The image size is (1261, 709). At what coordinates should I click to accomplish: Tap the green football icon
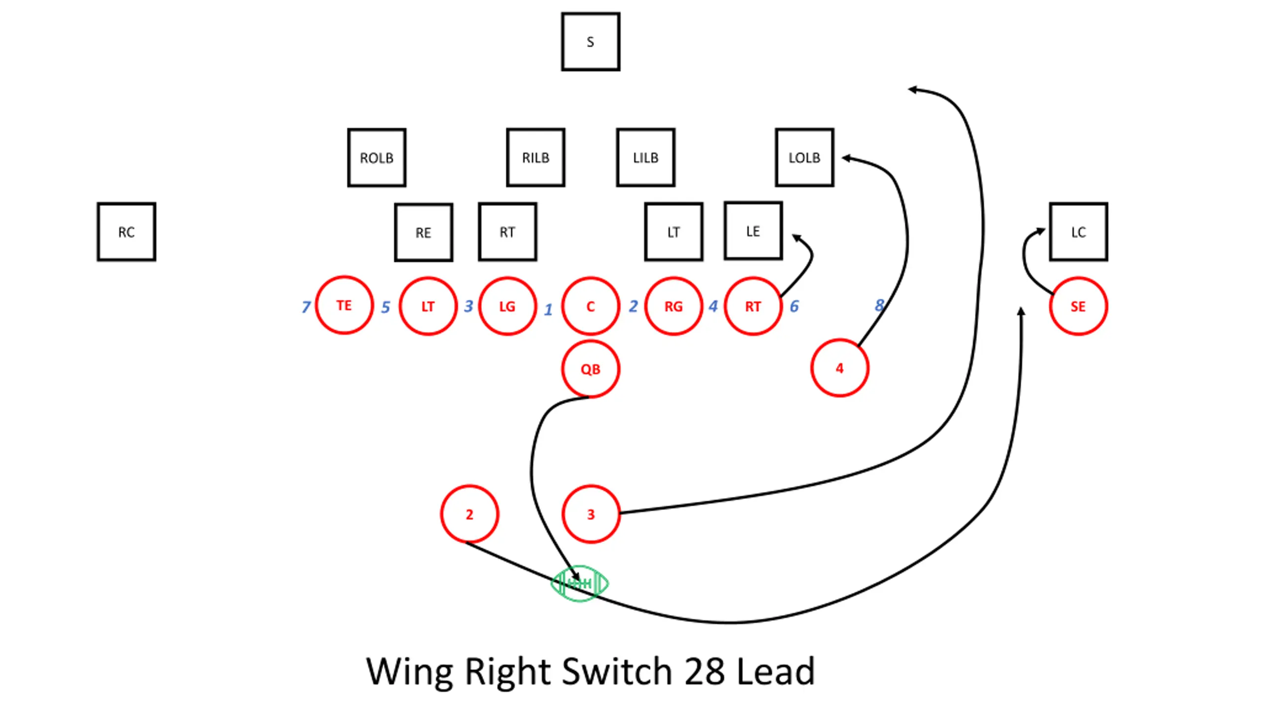click(579, 583)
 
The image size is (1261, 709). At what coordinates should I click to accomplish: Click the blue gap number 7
click(306, 307)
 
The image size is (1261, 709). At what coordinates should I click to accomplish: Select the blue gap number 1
click(548, 309)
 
